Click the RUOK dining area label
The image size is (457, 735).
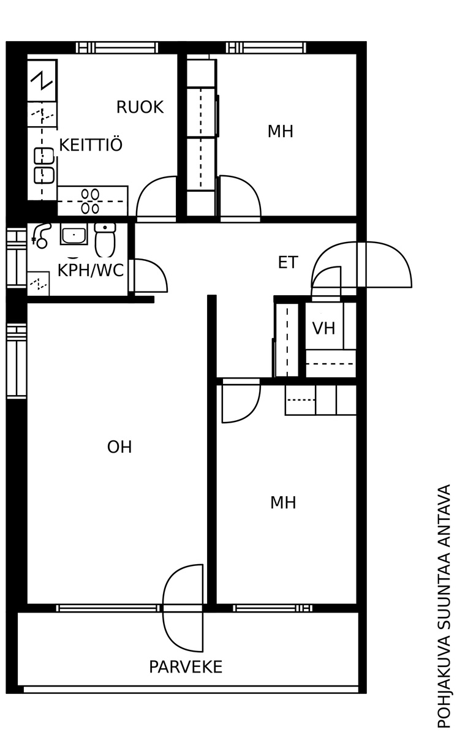pyautogui.click(x=140, y=107)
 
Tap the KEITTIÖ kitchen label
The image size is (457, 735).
pyautogui.click(x=91, y=145)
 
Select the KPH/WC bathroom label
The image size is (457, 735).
pyautogui.click(x=91, y=270)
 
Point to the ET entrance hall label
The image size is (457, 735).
pyautogui.click(x=288, y=263)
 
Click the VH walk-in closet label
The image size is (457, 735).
pyautogui.click(x=324, y=328)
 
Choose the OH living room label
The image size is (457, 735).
pyautogui.click(x=119, y=447)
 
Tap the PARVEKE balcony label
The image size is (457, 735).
pyautogui.click(x=186, y=667)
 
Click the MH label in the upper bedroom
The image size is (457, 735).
pyautogui.click(x=281, y=132)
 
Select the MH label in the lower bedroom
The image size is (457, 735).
pyautogui.click(x=283, y=503)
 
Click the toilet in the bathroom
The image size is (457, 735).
pyautogui.click(x=105, y=239)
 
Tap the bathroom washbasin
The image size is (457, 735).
pyautogui.click(x=74, y=234)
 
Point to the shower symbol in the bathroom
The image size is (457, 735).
pyautogui.click(x=40, y=236)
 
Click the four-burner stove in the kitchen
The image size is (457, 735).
pyautogui.click(x=91, y=201)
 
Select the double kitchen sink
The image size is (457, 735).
pyautogui.click(x=43, y=166)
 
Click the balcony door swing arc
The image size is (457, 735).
pyautogui.click(x=183, y=608)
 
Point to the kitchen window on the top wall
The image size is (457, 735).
pyautogui.click(x=117, y=48)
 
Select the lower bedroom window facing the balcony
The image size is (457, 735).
pyautogui.click(x=273, y=608)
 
